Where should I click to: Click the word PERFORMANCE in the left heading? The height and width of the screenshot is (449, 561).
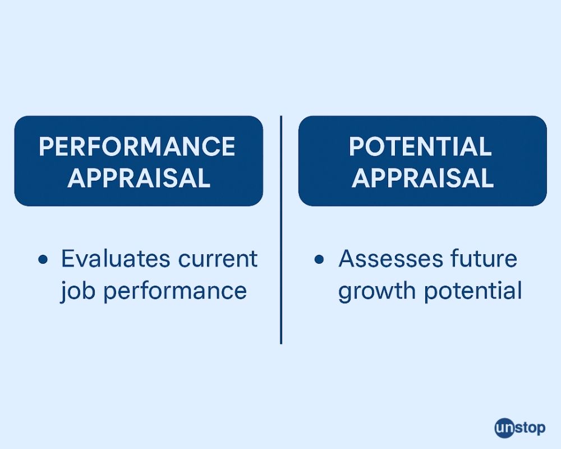(137, 146)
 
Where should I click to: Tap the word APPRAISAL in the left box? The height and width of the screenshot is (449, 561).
(139, 178)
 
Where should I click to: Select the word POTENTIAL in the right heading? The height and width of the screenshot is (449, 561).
(420, 146)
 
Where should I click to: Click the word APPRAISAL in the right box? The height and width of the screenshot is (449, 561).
(422, 178)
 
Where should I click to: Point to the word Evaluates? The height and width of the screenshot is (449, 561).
(115, 259)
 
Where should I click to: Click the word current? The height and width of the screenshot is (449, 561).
(218, 259)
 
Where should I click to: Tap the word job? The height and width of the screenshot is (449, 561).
(77, 290)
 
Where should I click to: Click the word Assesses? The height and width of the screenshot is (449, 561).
(390, 259)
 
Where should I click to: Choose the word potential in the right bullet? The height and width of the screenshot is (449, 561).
(473, 291)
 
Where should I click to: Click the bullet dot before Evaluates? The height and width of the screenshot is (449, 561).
(43, 259)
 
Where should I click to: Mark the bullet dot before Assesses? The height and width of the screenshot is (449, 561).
(319, 259)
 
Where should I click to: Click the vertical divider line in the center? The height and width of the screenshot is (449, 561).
(281, 230)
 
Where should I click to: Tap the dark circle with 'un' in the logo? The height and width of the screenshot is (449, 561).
(504, 428)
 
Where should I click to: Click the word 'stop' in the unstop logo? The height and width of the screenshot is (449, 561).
(530, 428)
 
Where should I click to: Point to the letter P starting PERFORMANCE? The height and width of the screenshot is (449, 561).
(46, 146)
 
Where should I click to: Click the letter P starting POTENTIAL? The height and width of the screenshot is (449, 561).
(356, 146)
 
